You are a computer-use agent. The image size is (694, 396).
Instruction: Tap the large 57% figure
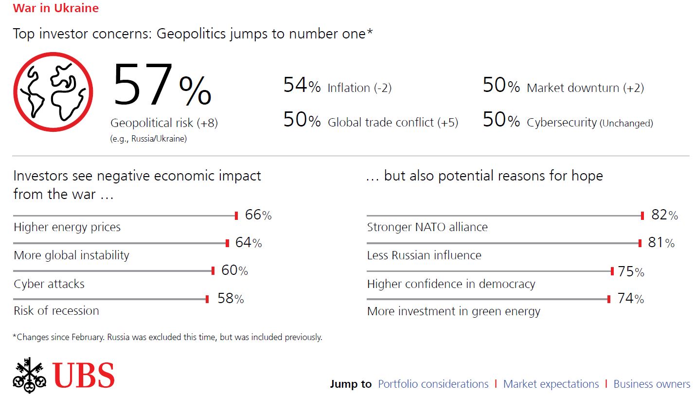[x=162, y=84]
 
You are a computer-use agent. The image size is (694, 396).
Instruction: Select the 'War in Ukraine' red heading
[x=56, y=8]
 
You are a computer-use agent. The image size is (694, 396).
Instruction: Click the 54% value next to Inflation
[x=302, y=85]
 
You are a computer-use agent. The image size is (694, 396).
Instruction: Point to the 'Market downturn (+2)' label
[x=585, y=88]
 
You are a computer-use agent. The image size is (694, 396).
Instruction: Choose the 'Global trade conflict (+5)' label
[x=393, y=123]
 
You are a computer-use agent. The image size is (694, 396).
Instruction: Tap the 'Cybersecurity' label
[x=561, y=123]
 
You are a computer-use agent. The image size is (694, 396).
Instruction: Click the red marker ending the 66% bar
[x=236, y=216]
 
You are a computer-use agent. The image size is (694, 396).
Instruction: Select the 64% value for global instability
[x=249, y=243]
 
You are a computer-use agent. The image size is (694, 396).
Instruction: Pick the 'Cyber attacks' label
[x=49, y=284]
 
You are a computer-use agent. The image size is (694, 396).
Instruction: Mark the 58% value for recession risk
[x=231, y=298]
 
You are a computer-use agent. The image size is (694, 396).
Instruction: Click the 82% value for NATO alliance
[x=664, y=215]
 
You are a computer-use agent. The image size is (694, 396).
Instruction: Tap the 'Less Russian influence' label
[x=424, y=255]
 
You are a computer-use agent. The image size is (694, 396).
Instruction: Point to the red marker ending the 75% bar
[x=612, y=271]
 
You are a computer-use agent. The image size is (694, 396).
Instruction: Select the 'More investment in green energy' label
[x=454, y=311]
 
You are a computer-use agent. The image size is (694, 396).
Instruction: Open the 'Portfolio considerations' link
[x=433, y=384]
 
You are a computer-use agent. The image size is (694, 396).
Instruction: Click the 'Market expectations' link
[x=551, y=384]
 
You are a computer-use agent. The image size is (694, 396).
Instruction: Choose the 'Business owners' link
[x=652, y=384]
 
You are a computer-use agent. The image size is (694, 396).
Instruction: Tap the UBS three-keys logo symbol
[x=30, y=375]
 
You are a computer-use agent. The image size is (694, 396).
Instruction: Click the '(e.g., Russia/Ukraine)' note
[x=148, y=139]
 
